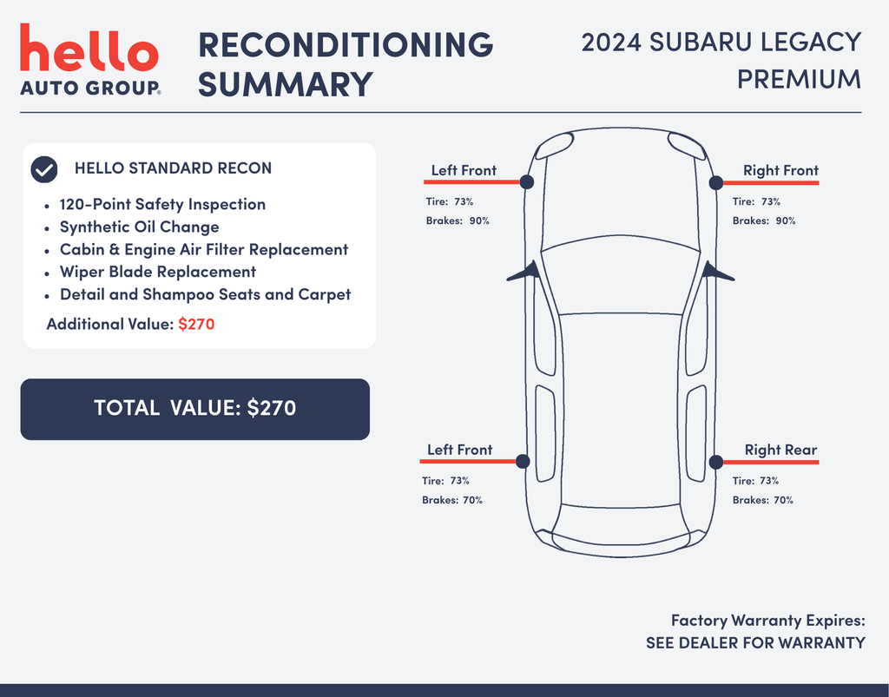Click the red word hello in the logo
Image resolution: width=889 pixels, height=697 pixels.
[89, 48]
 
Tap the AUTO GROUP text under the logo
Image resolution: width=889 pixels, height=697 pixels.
[89, 88]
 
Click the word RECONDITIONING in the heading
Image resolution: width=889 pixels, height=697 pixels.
[346, 44]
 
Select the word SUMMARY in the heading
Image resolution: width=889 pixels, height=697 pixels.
[285, 84]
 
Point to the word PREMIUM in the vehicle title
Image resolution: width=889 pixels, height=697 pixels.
[799, 79]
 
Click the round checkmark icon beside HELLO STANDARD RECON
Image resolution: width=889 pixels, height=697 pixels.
[44, 169]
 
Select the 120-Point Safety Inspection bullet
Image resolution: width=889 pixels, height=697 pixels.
[162, 204]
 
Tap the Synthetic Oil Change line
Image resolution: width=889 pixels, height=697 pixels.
[140, 227]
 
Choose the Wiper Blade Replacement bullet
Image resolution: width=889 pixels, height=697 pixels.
[158, 272]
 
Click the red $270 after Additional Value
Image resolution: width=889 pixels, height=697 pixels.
[196, 324]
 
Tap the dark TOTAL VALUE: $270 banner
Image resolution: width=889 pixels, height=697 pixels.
[195, 409]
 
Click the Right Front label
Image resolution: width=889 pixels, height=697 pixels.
[780, 170]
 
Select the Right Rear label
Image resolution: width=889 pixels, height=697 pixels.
[780, 450]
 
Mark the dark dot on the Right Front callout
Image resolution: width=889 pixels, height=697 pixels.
[716, 182]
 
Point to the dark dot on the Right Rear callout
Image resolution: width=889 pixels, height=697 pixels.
[716, 462]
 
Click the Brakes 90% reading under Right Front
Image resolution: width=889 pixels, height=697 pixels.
[764, 220]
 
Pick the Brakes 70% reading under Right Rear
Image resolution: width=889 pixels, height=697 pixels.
[762, 500]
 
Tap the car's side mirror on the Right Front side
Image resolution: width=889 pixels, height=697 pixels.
[718, 271]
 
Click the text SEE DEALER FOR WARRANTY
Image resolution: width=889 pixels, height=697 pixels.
[755, 642]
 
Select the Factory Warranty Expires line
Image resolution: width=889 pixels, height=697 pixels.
[768, 621]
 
